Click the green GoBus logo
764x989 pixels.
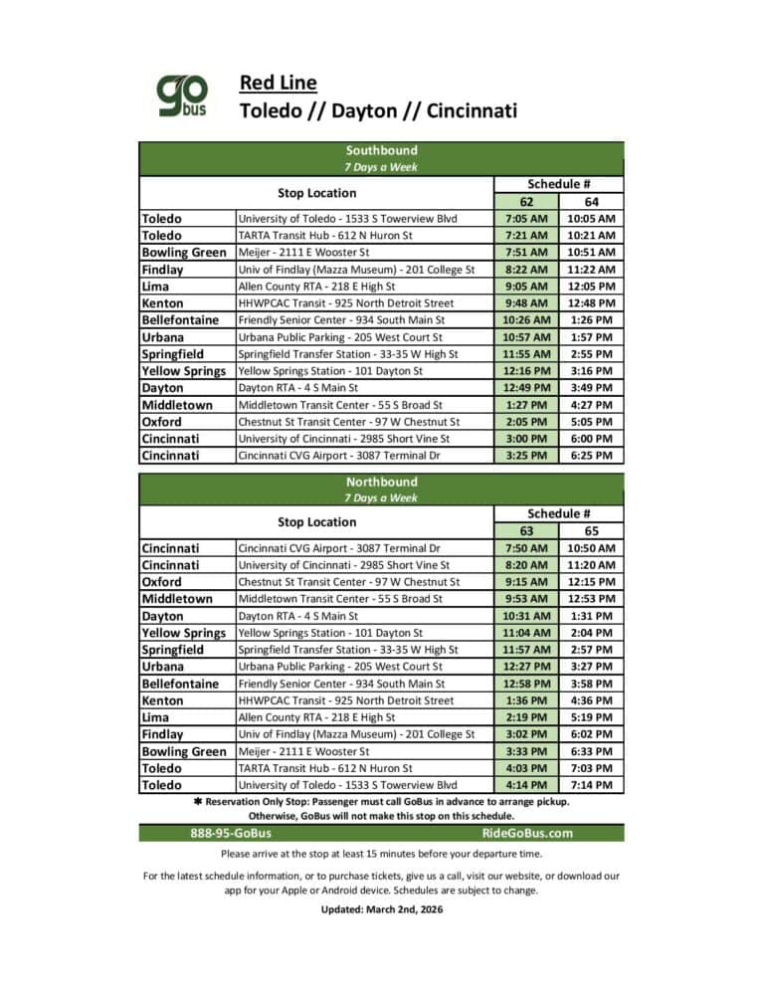(182, 96)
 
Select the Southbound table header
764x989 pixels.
(381, 150)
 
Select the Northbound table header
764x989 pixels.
(381, 482)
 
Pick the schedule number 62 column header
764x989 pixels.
(526, 201)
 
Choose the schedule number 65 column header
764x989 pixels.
(591, 531)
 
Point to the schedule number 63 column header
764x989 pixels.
(526, 531)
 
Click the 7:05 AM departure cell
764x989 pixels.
(526, 218)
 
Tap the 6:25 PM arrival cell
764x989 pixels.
(591, 456)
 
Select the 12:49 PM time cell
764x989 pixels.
(526, 388)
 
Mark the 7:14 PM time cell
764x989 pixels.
(591, 785)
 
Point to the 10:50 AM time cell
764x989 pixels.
(591, 548)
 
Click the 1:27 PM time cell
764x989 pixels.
(526, 405)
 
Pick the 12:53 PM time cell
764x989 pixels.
(591, 599)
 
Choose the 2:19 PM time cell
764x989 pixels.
(526, 717)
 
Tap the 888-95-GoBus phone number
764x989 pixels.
(231, 834)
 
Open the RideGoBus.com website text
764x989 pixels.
(527, 834)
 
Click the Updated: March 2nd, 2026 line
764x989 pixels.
(381, 909)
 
